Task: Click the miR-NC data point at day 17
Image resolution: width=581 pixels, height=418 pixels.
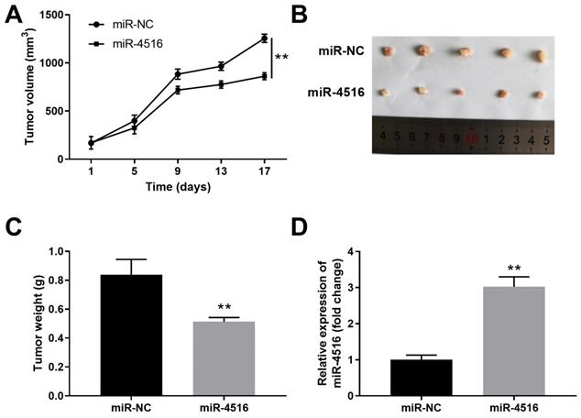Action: click(264, 38)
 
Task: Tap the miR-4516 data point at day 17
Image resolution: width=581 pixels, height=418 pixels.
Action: click(264, 76)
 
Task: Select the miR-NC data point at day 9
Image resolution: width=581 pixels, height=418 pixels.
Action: click(177, 74)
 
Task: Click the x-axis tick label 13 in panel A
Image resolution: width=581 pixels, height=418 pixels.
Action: click(220, 171)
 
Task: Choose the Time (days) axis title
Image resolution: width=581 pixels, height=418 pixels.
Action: click(177, 187)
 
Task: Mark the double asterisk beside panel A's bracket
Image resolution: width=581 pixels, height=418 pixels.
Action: click(281, 57)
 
